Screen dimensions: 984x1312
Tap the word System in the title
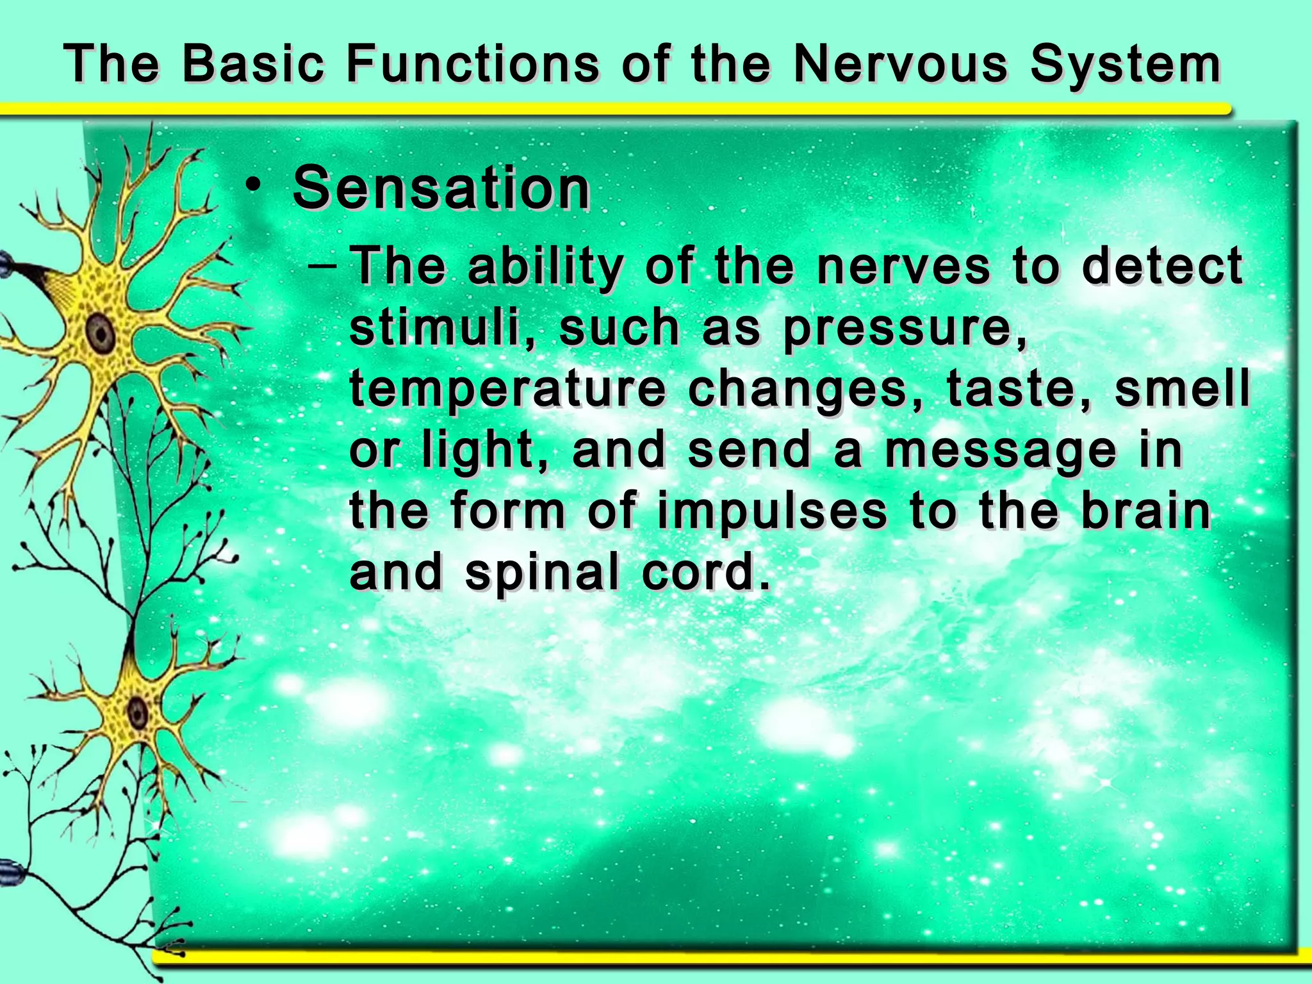(1125, 66)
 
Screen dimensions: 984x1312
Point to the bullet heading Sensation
(441, 188)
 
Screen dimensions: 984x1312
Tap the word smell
(1182, 389)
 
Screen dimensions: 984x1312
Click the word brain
(1146, 511)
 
